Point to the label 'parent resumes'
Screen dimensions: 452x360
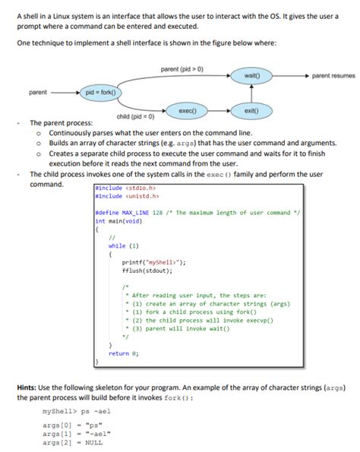[x=333, y=76]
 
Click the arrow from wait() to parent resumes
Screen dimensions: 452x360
[x=289, y=76]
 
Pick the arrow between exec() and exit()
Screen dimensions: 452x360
[x=219, y=110]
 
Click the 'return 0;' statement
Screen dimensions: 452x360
[x=123, y=353]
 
